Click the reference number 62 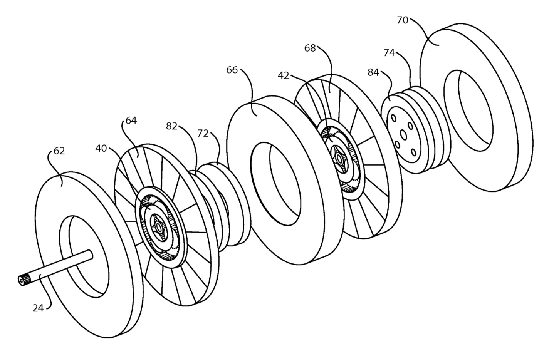coord(59,151)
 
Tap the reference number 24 coord(38,308)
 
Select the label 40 coord(101,148)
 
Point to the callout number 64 coord(131,121)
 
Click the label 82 coord(172,126)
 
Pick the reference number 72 coord(203,134)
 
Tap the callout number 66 coord(232,70)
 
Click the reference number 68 coord(310,48)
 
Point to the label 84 coord(373,72)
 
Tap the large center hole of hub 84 coord(403,135)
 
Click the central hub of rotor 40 coord(159,228)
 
